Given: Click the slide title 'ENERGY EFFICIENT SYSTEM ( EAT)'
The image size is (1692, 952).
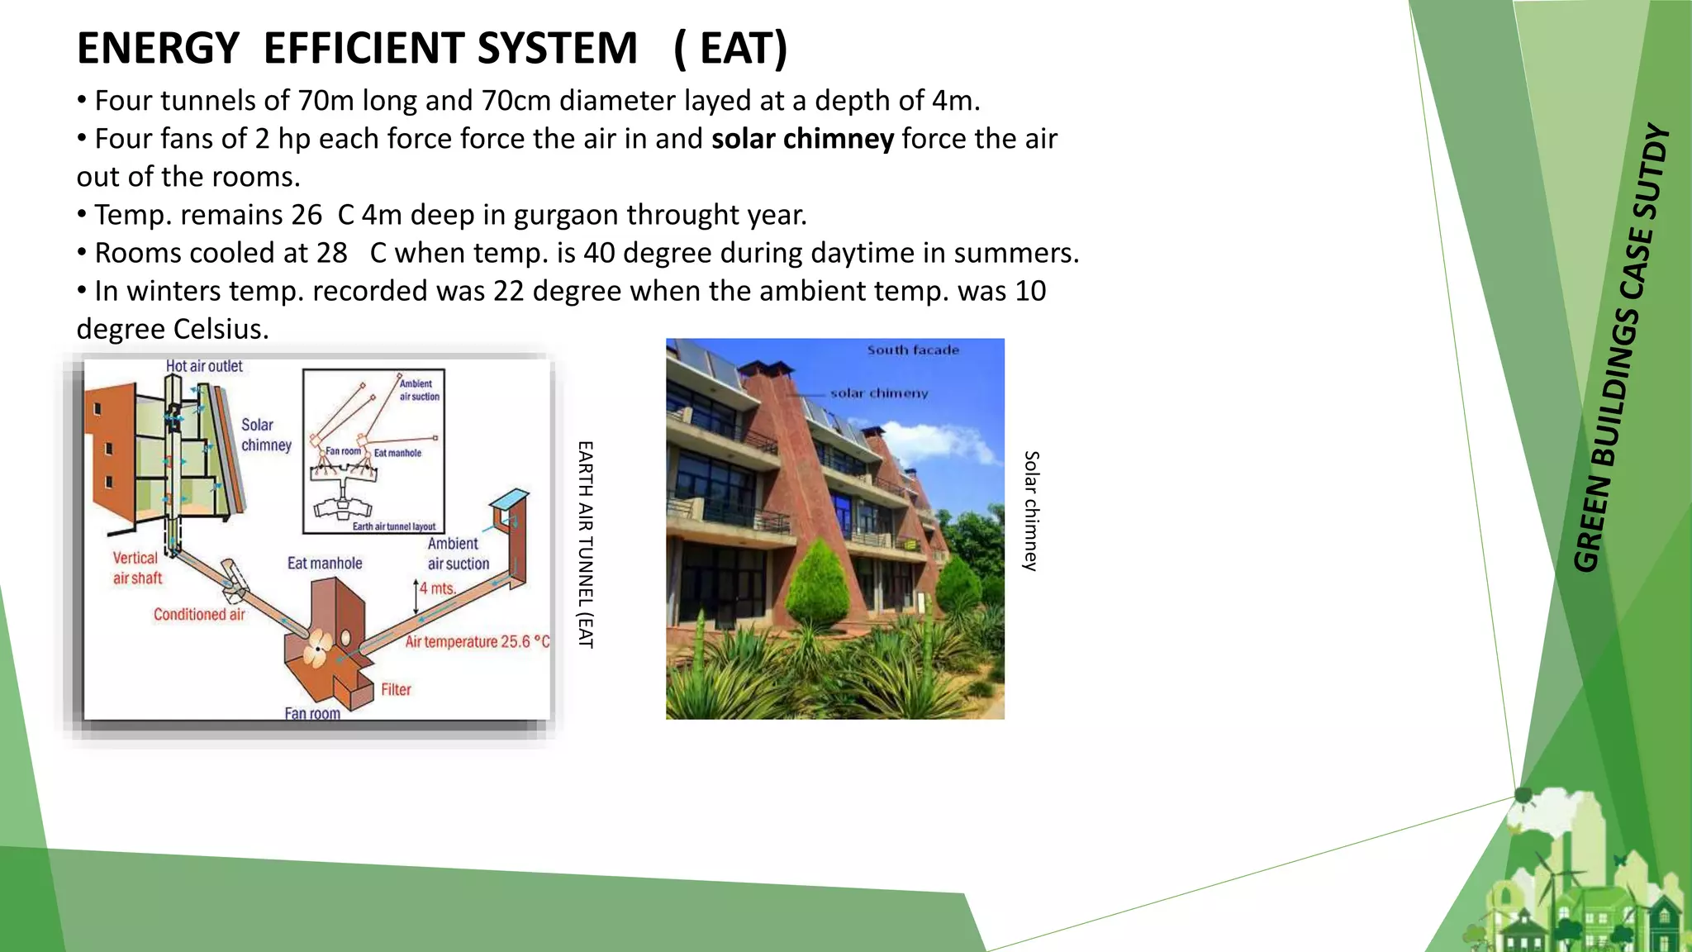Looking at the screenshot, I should [431, 48].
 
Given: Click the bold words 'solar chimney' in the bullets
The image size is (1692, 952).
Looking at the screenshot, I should [802, 139].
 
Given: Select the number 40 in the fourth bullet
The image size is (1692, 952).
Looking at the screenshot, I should [599, 253].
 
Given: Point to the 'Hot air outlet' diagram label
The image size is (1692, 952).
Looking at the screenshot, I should [204, 366].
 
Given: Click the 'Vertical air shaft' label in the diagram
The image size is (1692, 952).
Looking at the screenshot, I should [137, 569].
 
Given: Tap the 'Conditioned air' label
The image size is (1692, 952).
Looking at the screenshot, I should [199, 615].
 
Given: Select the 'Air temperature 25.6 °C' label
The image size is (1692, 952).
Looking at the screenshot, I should [477, 642].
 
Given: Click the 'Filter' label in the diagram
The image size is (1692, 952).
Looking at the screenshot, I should [396, 690].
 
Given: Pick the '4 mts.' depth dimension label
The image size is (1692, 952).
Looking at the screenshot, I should [437, 588].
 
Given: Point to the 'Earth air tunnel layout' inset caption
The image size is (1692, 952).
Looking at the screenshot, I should [394, 526].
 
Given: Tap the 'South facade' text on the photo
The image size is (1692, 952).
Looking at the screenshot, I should [913, 350].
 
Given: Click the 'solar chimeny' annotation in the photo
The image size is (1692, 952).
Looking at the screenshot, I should [879, 393].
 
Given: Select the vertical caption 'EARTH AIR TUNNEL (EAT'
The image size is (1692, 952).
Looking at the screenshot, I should [586, 545].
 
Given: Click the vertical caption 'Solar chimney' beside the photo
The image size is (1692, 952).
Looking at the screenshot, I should [1031, 511].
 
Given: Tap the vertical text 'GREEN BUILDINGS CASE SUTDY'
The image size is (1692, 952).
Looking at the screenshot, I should [1623, 347].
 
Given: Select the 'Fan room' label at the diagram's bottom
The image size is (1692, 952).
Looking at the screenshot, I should [312, 713].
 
